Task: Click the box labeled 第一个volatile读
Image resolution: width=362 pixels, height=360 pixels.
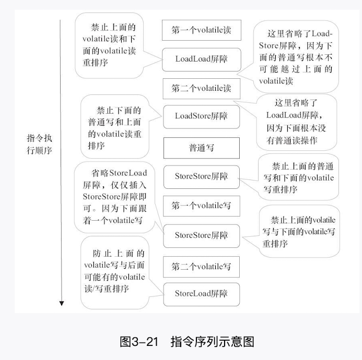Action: (x=201, y=31)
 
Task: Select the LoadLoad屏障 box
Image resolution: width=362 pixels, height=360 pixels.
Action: (x=201, y=59)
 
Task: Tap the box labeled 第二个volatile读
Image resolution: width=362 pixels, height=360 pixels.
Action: (x=201, y=88)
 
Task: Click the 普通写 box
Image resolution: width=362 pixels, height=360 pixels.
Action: (x=201, y=148)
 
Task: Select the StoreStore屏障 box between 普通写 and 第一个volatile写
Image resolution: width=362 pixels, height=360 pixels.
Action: (x=201, y=176)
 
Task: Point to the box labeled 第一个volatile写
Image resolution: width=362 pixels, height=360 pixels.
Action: (x=201, y=206)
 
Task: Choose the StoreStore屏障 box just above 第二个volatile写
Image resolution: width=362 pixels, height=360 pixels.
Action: (x=201, y=235)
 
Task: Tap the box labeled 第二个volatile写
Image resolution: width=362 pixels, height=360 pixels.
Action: (x=201, y=267)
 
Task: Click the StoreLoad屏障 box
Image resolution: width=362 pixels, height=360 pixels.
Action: (x=201, y=294)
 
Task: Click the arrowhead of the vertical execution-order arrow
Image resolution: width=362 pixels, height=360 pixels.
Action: (x=61, y=303)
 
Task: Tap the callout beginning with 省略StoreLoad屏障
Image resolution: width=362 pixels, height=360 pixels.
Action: (x=115, y=196)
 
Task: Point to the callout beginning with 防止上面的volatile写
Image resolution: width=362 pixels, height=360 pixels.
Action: (x=114, y=271)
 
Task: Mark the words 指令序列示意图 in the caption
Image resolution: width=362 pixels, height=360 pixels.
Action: (x=212, y=342)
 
